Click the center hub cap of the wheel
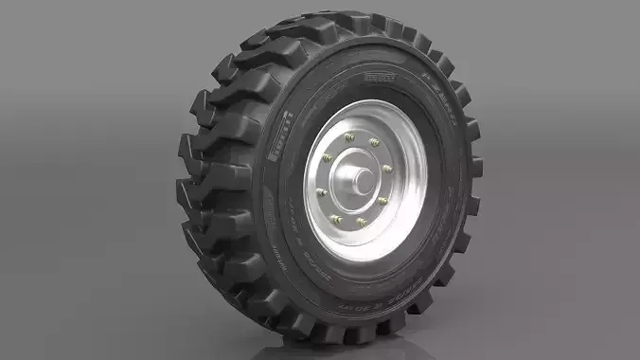(x=360, y=180)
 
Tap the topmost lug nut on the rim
(x=350, y=137)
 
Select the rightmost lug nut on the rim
(x=387, y=169)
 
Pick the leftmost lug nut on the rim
(x=323, y=192)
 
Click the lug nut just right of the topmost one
(x=374, y=143)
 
